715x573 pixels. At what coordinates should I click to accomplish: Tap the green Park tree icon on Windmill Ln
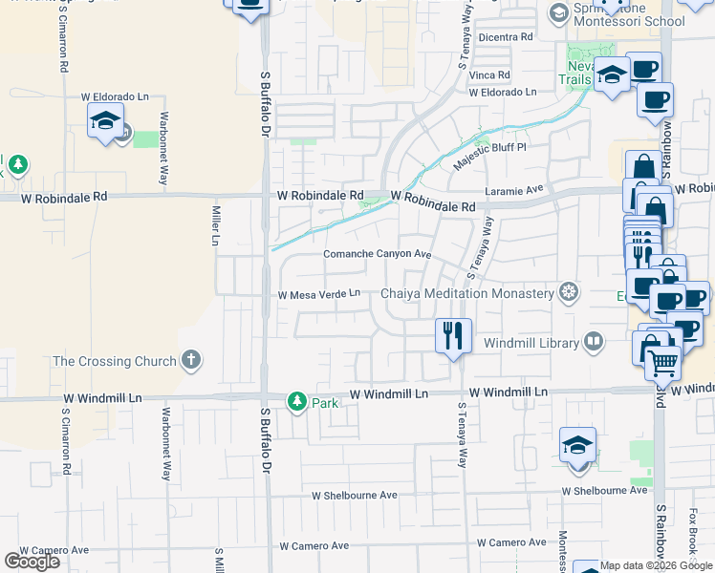pos(298,401)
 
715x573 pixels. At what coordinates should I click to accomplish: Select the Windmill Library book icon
pos(593,342)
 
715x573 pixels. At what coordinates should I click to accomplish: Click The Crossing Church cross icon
pos(191,360)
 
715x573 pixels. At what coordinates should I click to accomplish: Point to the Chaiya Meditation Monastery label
pos(467,293)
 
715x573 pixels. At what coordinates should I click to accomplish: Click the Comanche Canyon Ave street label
pos(378,254)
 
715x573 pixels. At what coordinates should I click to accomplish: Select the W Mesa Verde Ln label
pos(318,294)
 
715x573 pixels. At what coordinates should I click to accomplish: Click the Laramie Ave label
pos(514,191)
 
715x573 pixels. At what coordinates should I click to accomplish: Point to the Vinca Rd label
pos(489,74)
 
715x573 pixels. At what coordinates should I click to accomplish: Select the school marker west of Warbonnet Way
pos(106,121)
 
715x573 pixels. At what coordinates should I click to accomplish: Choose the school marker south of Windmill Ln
pos(577,445)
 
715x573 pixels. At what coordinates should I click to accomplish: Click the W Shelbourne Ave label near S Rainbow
pos(605,491)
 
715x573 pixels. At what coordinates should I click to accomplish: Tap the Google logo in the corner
pos(32,562)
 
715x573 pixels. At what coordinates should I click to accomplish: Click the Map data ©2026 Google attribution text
pos(656,565)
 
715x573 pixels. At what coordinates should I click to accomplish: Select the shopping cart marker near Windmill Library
pos(662,362)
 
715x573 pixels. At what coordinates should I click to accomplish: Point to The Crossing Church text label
pos(115,361)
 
